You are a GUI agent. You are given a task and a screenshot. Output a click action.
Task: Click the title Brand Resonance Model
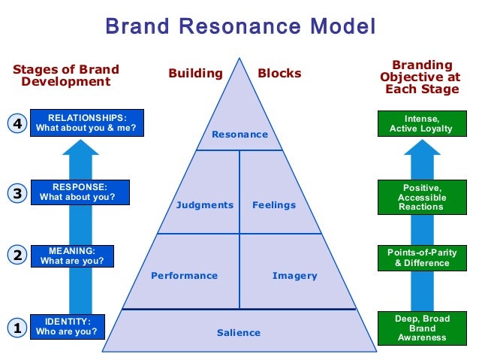(239, 27)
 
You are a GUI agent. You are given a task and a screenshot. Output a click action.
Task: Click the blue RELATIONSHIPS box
(87, 123)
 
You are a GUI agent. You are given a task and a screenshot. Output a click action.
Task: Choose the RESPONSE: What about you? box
(80, 192)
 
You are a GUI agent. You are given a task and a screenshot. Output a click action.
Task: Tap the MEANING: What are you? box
(72, 256)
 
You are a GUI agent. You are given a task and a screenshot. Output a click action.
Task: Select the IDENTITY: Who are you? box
(67, 326)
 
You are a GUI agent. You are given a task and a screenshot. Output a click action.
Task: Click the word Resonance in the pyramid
(239, 135)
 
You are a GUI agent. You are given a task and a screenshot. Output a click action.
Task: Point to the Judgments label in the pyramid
(205, 205)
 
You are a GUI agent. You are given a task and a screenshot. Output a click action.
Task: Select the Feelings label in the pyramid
(274, 205)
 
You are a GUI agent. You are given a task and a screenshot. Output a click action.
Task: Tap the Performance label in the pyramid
(184, 276)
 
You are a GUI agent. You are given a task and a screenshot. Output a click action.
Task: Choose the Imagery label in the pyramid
(294, 276)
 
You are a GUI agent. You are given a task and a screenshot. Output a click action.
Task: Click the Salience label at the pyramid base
(239, 333)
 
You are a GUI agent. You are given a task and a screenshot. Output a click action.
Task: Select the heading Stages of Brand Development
(66, 75)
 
